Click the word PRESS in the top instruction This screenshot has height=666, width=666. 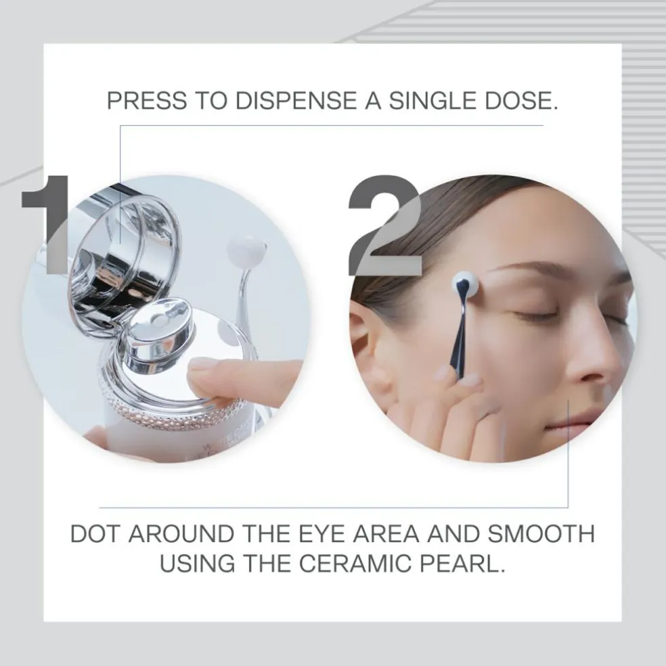pyautogui.click(x=147, y=100)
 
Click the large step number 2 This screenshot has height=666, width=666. pyautogui.click(x=385, y=225)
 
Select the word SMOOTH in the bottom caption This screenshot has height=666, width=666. pyautogui.click(x=541, y=534)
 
